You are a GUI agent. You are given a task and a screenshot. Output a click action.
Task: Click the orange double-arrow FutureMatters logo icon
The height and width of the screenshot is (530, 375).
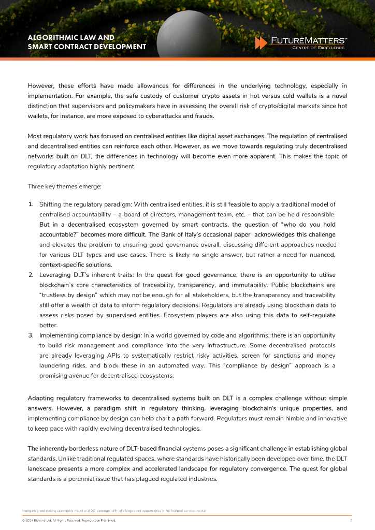[x=261, y=43]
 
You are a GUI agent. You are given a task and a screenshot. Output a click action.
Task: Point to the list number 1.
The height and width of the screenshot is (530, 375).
[x=31, y=204]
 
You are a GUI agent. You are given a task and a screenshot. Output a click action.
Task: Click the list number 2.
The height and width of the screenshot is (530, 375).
[x=31, y=274]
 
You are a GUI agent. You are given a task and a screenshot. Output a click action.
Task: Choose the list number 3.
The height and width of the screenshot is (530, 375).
[x=31, y=335]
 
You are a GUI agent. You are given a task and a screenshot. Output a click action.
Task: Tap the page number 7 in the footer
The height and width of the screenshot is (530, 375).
[x=351, y=520]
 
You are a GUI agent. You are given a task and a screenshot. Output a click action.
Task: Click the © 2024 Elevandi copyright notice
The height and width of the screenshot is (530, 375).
[x=68, y=520]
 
